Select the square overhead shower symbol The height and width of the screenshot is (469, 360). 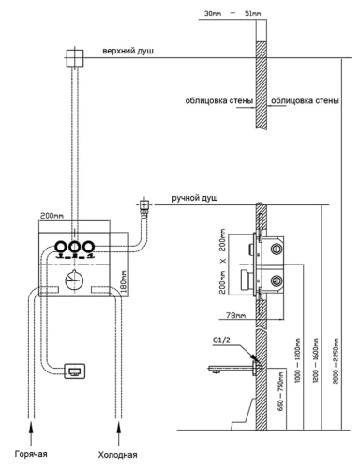[70, 57]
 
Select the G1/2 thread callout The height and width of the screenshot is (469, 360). [223, 341]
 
